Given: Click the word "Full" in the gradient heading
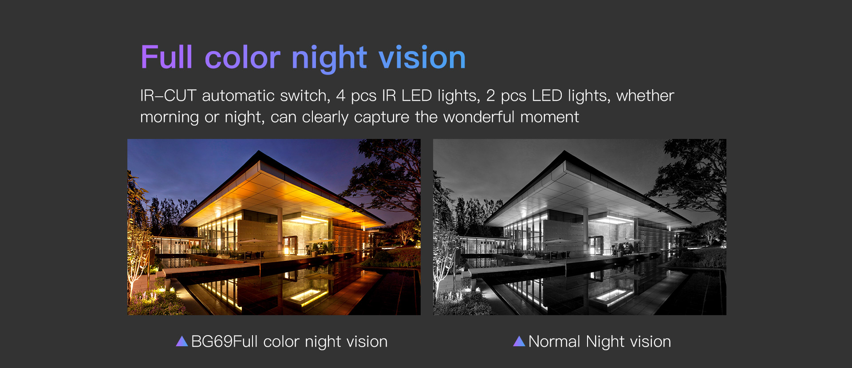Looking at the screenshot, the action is tap(167, 57).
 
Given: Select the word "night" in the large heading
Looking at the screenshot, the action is tap(329, 59).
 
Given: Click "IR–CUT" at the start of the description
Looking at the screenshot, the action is tap(168, 95).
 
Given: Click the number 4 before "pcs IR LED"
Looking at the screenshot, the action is tap(340, 95).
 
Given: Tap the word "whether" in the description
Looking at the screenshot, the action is tap(645, 95).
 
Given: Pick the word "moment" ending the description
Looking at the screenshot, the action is tap(549, 117).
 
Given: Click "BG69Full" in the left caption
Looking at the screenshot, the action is tap(224, 341).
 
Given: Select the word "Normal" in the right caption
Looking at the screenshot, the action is tap(554, 341).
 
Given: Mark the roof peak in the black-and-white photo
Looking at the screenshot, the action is tap(564, 151).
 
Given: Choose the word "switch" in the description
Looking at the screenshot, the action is tap(305, 96).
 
